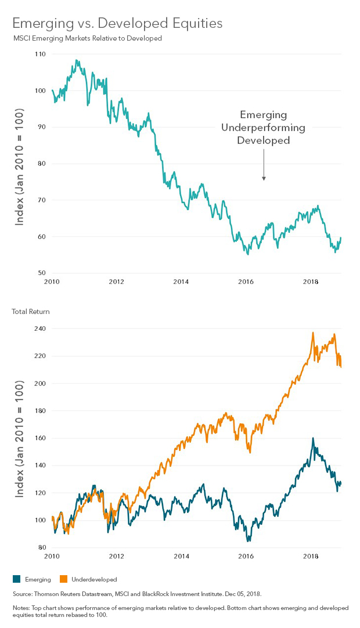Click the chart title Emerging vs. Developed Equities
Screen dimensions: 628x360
tap(117, 24)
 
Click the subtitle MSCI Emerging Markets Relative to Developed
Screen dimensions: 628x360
tap(87, 38)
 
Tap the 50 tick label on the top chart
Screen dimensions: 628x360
tap(41, 273)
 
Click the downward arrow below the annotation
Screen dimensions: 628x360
tap(264, 165)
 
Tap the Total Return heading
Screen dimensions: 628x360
tap(31, 312)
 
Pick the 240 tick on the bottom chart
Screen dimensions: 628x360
tap(39, 329)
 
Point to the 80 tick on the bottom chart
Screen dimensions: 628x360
tap(41, 547)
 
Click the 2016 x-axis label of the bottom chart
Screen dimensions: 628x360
tap(246, 556)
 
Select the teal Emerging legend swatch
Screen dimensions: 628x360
tap(16, 579)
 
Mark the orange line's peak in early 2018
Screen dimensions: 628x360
tap(313, 333)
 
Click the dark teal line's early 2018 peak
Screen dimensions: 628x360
tap(313, 438)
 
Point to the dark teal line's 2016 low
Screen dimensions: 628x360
tap(248, 541)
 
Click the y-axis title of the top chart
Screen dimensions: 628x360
tap(20, 166)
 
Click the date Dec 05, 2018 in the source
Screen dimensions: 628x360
tap(244, 594)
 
